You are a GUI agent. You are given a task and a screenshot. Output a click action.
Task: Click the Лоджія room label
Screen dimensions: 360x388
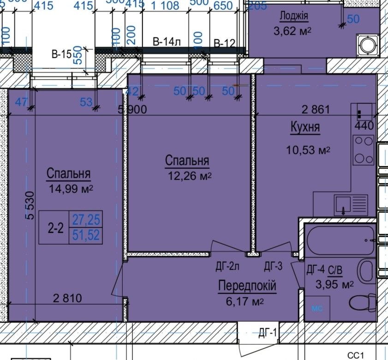pyautogui.click(x=293, y=17)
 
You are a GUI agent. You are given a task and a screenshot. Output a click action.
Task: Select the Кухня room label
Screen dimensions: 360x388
pyautogui.click(x=305, y=127)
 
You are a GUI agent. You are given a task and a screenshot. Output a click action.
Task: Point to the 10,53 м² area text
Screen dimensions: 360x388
pyautogui.click(x=308, y=150)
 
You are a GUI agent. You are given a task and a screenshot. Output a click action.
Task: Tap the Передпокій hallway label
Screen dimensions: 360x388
pyautogui.click(x=247, y=286)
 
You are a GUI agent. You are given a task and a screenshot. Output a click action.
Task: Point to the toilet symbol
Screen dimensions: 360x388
pyautogui.click(x=364, y=303)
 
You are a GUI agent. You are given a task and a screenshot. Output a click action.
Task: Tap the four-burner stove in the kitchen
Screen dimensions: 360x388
pyautogui.click(x=363, y=150)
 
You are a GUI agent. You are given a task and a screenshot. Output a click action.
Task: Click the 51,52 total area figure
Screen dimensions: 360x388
pyautogui.click(x=86, y=235)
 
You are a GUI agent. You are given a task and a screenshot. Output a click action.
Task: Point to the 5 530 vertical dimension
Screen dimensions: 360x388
pyautogui.click(x=30, y=207)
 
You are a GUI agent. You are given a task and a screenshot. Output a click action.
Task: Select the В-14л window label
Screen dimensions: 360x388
pyautogui.click(x=167, y=42)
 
